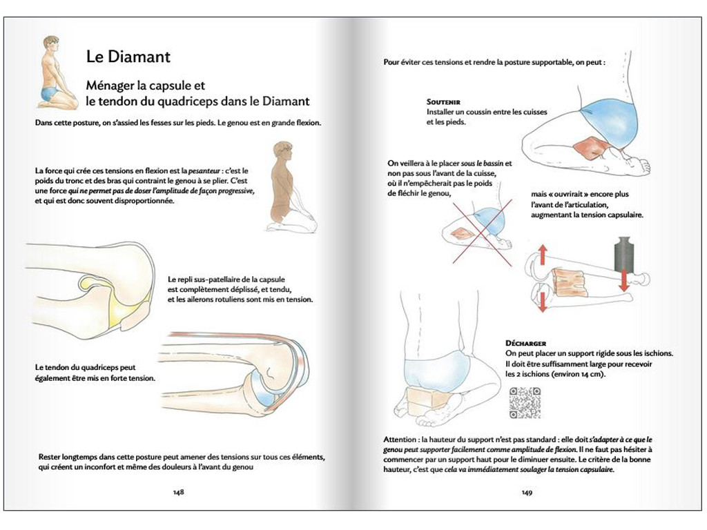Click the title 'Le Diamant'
pyautogui.click(x=128, y=56)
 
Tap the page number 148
pyautogui.click(x=177, y=492)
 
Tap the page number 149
pyautogui.click(x=527, y=492)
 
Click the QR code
pyautogui.click(x=524, y=403)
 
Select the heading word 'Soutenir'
pyautogui.click(x=444, y=101)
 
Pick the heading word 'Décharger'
pyautogui.click(x=526, y=343)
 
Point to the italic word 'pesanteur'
pyautogui.click(x=191, y=170)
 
